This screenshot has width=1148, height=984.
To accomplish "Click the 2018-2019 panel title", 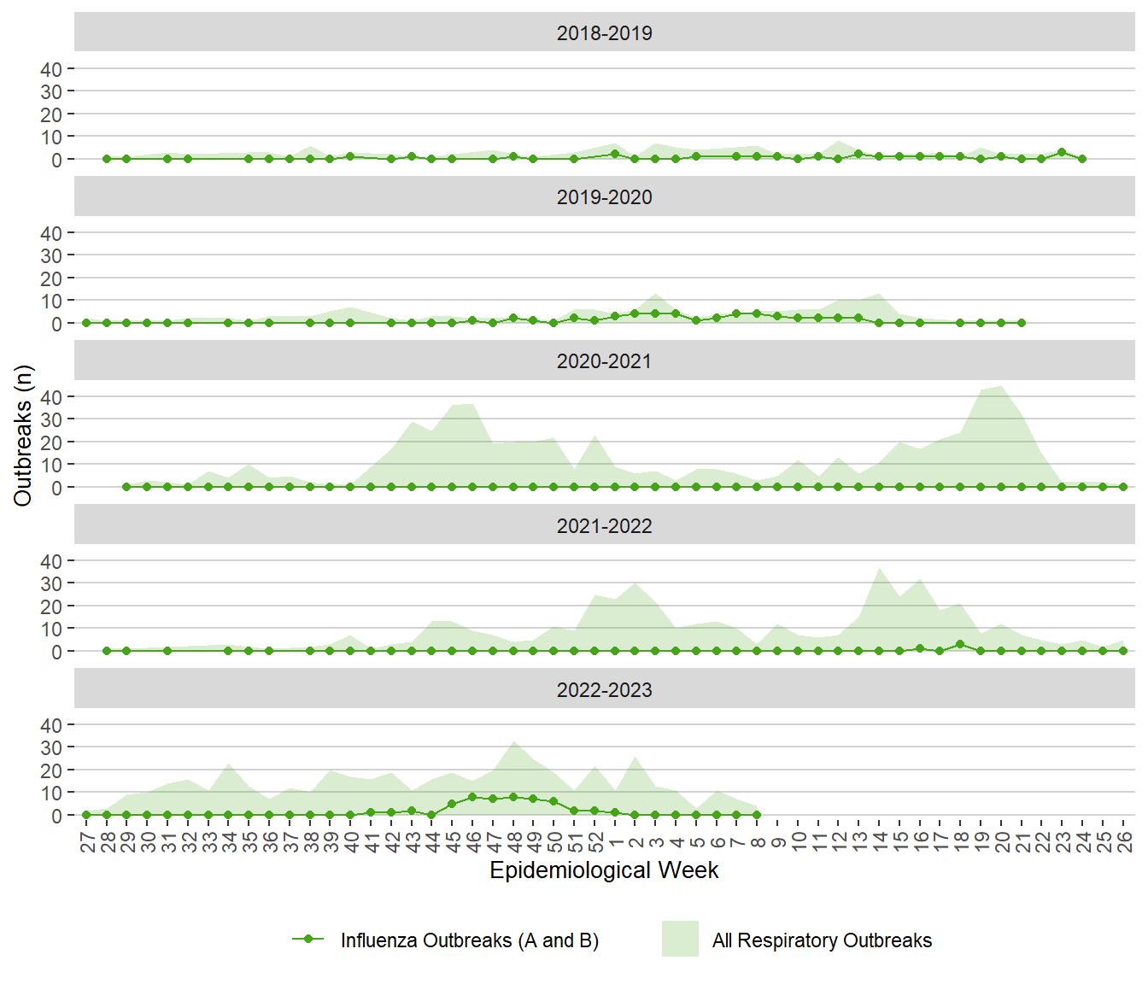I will tap(604, 33).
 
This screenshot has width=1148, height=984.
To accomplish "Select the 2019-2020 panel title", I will tap(604, 197).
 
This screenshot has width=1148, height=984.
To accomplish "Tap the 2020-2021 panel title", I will tap(604, 361).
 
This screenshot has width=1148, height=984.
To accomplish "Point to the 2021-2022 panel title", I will tap(604, 526).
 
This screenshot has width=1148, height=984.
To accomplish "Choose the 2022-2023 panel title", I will tap(604, 690).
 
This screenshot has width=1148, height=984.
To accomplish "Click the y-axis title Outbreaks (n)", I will tap(23, 436).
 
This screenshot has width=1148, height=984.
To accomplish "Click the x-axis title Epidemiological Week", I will tap(604, 870).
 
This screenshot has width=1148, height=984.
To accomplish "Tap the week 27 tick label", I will tap(87, 842).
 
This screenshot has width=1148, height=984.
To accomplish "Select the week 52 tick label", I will tap(595, 842).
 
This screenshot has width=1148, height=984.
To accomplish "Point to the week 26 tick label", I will tap(1124, 842).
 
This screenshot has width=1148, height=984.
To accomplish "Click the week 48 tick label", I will tap(514, 842).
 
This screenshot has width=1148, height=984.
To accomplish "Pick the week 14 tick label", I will tap(880, 842).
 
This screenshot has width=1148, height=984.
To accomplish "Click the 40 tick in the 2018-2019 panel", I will tap(51, 69).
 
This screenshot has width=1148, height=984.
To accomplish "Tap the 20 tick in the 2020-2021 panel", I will tap(51, 442).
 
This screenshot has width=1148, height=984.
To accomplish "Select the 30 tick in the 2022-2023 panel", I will tap(51, 748).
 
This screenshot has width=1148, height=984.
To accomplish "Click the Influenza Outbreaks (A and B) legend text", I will tap(469, 940).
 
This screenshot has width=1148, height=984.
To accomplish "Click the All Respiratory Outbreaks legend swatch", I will tap(680, 939).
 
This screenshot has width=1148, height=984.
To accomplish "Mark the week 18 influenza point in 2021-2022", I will tap(960, 644).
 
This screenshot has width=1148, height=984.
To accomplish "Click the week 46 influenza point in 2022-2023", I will tap(472, 797).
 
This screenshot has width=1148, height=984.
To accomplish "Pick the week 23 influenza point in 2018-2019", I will tap(1062, 152).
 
